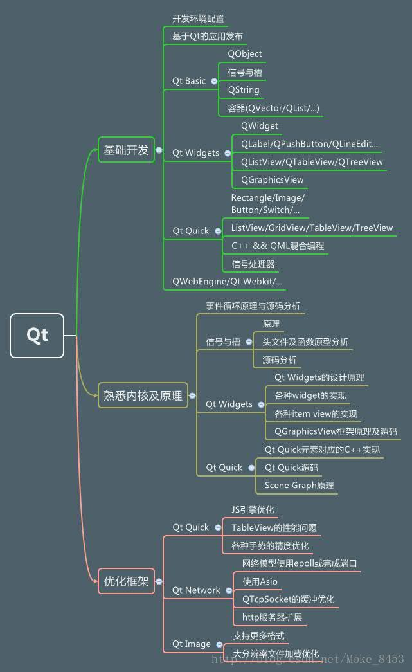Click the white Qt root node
click(37, 335)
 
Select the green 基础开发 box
click(126, 150)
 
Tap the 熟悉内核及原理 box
click(143, 395)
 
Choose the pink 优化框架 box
click(126, 581)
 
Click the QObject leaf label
click(245, 54)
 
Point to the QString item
click(244, 90)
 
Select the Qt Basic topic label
click(189, 81)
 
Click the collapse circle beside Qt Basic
click(214, 81)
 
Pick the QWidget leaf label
click(260, 125)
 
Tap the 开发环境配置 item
click(198, 19)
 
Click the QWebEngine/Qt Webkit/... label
click(228, 281)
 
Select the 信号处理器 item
click(253, 264)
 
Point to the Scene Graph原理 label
click(300, 486)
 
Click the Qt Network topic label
click(196, 590)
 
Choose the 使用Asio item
click(260, 582)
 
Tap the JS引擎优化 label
click(253, 510)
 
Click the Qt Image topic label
click(192, 644)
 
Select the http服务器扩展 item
click(272, 618)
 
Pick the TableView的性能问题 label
click(274, 528)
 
